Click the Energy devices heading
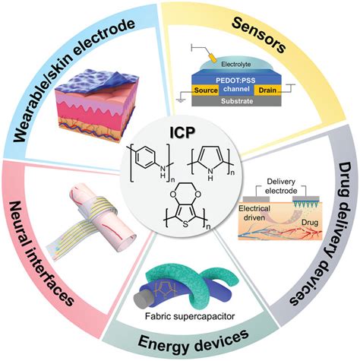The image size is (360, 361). click(183, 337)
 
